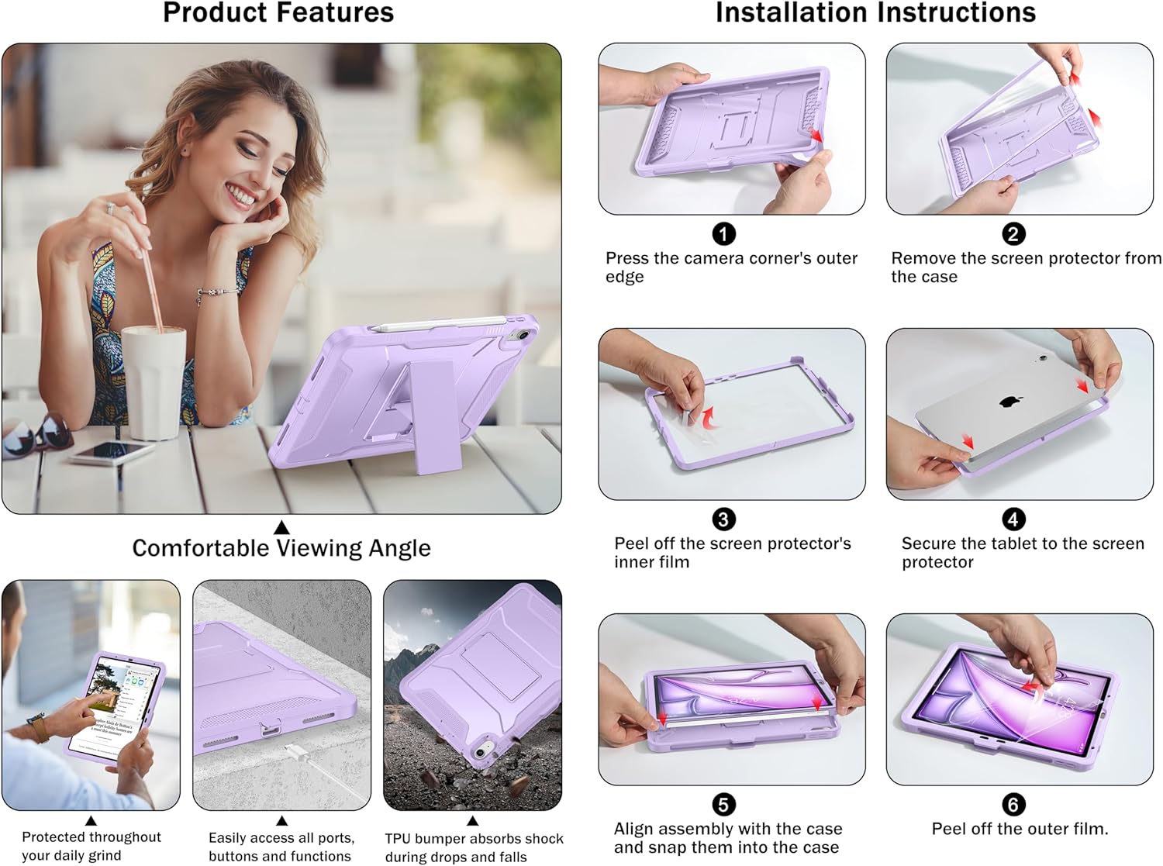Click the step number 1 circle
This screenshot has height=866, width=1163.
tap(723, 234)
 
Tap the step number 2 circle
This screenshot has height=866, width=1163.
tap(1013, 234)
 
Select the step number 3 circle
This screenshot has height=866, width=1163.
tap(723, 519)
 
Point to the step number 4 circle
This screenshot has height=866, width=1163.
tap(1013, 519)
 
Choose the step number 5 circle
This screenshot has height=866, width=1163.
tap(723, 805)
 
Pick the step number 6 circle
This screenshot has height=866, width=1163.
tap(1013, 805)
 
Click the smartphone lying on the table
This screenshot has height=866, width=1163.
tap(112, 452)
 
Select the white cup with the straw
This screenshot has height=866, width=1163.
tap(153, 383)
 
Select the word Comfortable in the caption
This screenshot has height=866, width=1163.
tap(200, 548)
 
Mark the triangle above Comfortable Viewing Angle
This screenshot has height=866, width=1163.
tap(281, 528)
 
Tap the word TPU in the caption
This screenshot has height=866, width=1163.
tap(399, 839)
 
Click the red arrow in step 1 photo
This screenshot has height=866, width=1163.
tap(816, 136)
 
